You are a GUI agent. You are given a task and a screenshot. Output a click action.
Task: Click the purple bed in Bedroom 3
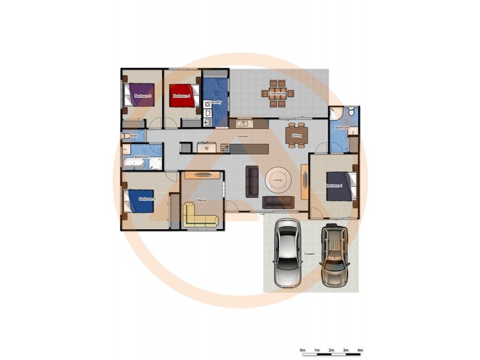[142, 95]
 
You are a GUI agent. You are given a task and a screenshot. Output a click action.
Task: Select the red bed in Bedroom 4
[182, 96]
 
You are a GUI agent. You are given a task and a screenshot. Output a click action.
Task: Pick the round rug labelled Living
[278, 179]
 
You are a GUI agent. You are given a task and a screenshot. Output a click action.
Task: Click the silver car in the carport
[287, 252]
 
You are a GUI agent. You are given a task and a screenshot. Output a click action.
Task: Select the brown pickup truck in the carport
[334, 254]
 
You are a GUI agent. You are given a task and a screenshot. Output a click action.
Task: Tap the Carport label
[310, 254]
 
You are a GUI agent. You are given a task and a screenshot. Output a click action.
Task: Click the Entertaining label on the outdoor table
[277, 94]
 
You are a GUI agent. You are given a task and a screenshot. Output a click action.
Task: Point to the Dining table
[297, 135]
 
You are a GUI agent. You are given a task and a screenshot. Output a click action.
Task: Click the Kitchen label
[242, 137]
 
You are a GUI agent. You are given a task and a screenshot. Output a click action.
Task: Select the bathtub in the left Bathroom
[131, 163]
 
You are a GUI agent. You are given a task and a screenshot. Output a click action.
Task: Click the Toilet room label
[133, 136]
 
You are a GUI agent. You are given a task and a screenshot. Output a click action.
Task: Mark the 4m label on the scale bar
[360, 350]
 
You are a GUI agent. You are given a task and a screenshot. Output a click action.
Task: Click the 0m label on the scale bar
[302, 350]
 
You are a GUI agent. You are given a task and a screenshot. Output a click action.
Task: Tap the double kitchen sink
[242, 125]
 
